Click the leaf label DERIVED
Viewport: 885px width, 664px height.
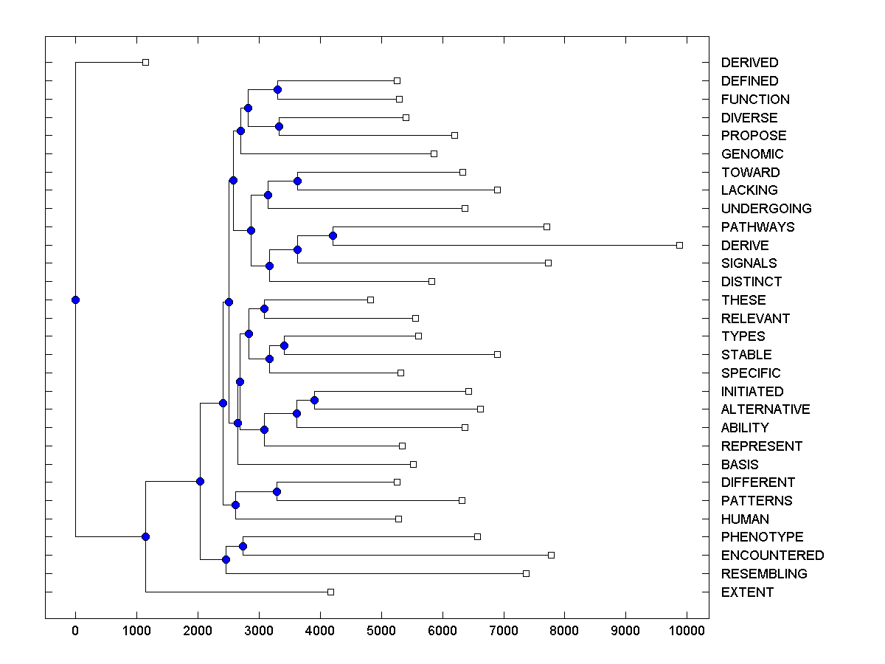(749, 63)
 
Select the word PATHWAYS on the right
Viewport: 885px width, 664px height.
(757, 227)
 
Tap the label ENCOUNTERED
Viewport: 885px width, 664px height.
(772, 556)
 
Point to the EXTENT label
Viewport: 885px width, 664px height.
(747, 592)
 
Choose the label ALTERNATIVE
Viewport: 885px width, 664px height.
(766, 409)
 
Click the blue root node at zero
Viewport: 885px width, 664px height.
(75, 300)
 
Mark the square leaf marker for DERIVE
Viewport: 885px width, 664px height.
(679, 245)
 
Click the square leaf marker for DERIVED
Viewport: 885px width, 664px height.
(145, 63)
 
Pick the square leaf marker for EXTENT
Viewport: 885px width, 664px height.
(330, 592)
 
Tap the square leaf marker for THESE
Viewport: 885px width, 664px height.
(370, 300)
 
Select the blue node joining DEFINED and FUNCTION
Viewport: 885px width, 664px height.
(277, 90)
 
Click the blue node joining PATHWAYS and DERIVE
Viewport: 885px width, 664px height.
(333, 236)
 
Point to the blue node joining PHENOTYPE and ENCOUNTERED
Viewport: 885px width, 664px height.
(243, 547)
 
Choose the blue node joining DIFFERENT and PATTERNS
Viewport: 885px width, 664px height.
(277, 491)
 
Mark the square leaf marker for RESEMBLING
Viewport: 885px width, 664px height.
(526, 573)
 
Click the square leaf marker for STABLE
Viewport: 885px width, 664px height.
(497, 355)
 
